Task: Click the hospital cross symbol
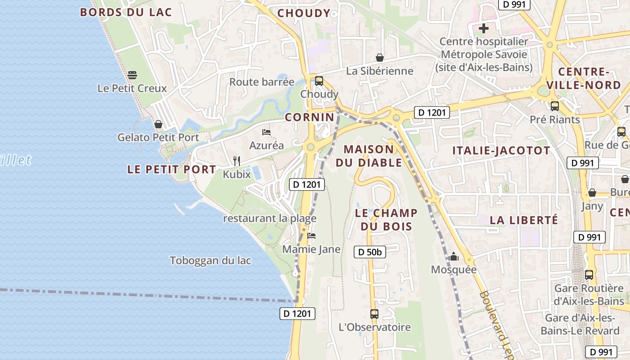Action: click(x=484, y=28)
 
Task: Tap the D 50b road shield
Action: click(x=370, y=252)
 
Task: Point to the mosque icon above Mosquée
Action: click(x=454, y=257)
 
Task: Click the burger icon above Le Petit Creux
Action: click(x=132, y=75)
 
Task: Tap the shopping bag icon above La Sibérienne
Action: click(x=380, y=58)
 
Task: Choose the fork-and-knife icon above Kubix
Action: click(x=237, y=161)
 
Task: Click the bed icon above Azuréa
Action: click(x=266, y=132)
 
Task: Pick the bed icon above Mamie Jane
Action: click(x=311, y=236)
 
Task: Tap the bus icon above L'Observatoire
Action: click(x=374, y=314)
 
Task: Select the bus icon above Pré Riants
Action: click(x=555, y=106)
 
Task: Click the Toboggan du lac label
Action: click(x=211, y=261)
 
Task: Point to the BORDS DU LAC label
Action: click(x=126, y=12)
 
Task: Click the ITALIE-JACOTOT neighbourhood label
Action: click(x=501, y=151)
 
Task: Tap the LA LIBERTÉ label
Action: click(x=524, y=220)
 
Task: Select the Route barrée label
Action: click(x=262, y=82)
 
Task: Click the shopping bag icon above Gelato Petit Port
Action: click(x=158, y=124)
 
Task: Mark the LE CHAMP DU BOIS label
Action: click(x=386, y=219)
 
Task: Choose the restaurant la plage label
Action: click(x=270, y=219)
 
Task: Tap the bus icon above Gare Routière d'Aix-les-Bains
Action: click(x=589, y=274)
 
